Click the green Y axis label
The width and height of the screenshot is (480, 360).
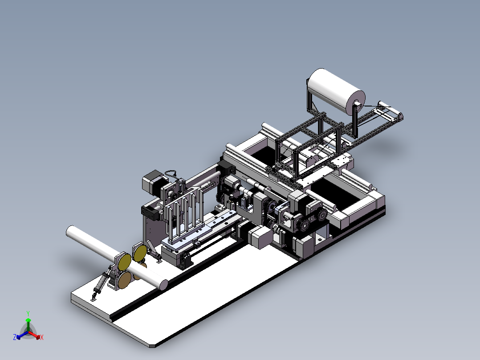coord(28,313)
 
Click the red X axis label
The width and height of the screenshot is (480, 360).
coord(42,337)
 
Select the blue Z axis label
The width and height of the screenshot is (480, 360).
coord(15,337)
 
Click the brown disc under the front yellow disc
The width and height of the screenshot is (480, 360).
coord(125,280)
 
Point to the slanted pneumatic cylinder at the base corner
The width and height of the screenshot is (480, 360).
coord(102,283)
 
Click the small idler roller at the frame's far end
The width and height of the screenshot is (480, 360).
coord(391,111)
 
